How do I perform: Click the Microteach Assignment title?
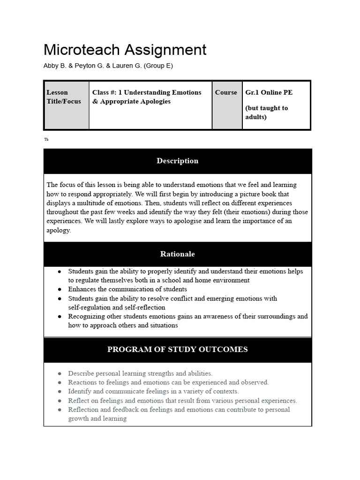(125, 50)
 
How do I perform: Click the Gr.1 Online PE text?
(269, 93)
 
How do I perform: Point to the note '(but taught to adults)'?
(266, 112)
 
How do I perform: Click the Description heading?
(177, 161)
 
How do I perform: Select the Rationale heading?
(177, 254)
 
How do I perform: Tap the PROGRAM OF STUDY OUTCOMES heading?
(177, 349)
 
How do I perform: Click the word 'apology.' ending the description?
(59, 231)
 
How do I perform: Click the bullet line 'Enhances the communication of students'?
(127, 289)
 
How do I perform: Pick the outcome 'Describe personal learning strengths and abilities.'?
(140, 374)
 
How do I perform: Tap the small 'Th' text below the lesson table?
(46, 139)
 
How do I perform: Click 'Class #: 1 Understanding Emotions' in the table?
(147, 93)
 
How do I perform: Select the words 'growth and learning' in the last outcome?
(97, 419)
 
